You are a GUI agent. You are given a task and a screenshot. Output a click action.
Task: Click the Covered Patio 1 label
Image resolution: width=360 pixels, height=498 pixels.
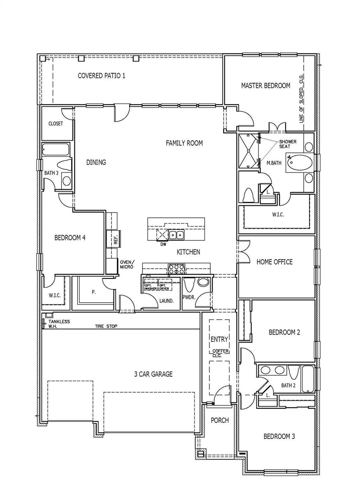[x=101, y=76]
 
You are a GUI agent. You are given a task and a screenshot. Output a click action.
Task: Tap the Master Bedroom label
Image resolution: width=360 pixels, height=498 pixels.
[x=265, y=85]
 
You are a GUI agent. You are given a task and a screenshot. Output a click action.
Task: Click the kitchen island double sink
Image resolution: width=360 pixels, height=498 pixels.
[x=176, y=235]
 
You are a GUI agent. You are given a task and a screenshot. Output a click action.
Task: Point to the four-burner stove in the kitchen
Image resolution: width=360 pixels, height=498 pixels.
[x=177, y=269]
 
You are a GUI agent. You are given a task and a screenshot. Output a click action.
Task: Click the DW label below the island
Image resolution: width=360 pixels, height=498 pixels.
[x=163, y=244]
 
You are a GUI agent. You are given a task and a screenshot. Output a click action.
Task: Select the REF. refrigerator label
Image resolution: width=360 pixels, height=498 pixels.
[x=115, y=240]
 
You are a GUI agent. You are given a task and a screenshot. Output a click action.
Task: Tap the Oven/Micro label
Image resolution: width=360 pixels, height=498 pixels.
[x=127, y=265]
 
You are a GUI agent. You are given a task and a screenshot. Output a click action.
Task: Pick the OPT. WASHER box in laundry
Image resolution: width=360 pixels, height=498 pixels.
[x=150, y=287]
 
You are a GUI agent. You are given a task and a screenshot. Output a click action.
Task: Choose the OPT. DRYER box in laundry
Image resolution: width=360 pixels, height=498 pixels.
[x=164, y=287]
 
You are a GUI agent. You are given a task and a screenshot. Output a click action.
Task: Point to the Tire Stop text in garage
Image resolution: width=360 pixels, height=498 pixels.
[x=106, y=326]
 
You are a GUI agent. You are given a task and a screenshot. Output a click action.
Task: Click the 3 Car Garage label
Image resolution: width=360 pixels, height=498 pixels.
[x=153, y=374]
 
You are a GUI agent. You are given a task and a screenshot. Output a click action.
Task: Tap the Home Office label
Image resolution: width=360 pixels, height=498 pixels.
[x=274, y=262]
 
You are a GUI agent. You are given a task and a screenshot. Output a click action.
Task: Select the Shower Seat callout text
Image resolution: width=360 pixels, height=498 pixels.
[x=288, y=144]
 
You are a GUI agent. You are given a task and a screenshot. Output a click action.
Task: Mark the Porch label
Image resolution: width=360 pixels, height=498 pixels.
[x=219, y=420]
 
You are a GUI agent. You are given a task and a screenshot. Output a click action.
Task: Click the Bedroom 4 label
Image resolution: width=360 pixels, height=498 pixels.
[x=70, y=238]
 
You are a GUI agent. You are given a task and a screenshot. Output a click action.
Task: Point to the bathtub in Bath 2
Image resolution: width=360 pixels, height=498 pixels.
[x=308, y=379]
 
